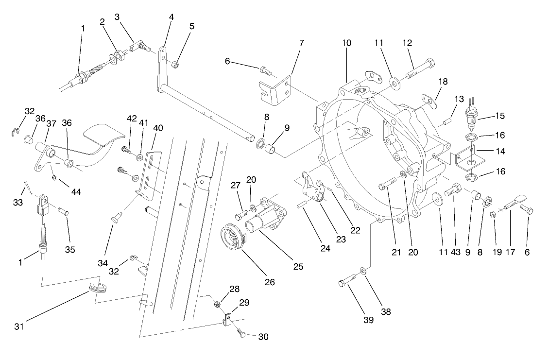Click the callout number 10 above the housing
click(346, 43)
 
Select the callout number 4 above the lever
click(171, 16)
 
